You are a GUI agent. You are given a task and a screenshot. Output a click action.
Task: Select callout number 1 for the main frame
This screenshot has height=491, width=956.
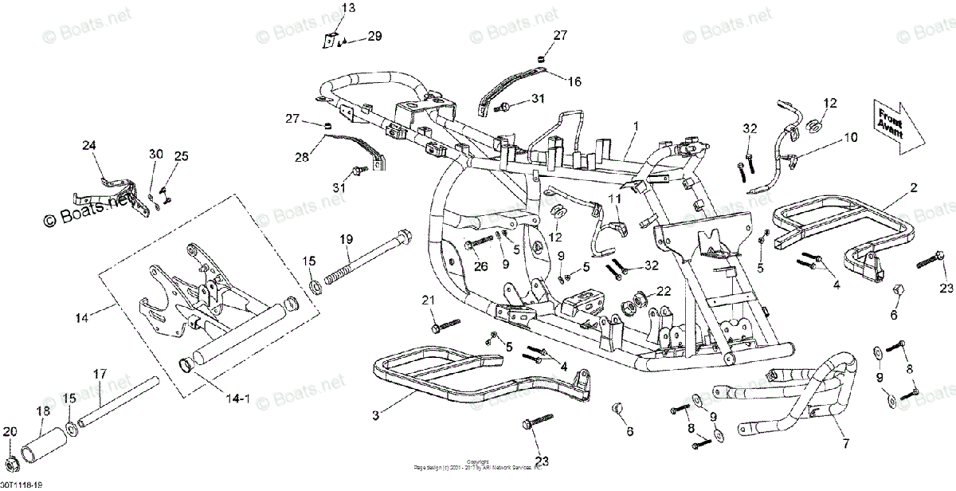click(636, 127)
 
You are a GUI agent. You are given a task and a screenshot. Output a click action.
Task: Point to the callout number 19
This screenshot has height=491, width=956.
click(346, 239)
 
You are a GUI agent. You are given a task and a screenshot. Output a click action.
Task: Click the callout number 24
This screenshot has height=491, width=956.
click(88, 145)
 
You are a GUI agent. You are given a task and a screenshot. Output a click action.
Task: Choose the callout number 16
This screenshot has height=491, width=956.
click(574, 81)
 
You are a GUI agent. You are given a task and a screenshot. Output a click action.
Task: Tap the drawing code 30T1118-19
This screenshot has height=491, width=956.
click(22, 485)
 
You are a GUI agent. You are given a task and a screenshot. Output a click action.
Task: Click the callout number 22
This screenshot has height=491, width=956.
click(664, 291)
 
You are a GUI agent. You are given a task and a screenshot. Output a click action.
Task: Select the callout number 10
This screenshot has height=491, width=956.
click(851, 137)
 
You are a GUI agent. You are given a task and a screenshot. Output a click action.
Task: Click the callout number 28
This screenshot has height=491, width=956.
click(301, 158)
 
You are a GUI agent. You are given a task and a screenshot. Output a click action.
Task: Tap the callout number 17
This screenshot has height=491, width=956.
click(100, 373)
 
